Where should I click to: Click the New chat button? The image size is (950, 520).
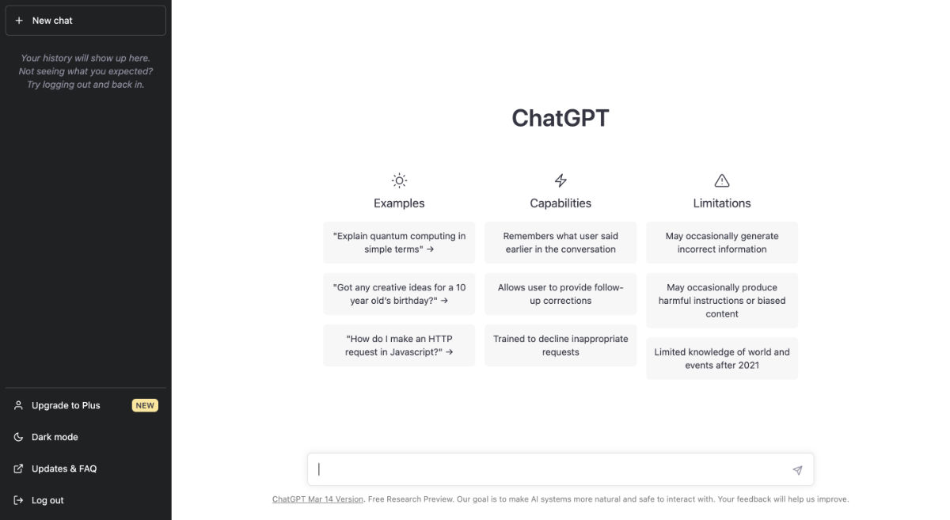85,21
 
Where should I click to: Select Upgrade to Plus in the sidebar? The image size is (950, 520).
66,405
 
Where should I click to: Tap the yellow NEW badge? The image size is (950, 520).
145,405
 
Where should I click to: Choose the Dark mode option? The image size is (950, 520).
55,437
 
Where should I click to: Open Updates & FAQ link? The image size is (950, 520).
63,469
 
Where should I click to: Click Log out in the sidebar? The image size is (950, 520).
47,500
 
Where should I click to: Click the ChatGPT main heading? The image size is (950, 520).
560,118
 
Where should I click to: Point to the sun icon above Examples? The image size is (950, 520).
399,180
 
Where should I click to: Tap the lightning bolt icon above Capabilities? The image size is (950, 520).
560,180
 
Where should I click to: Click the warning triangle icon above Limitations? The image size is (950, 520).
721,180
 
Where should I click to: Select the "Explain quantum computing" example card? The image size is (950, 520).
399,242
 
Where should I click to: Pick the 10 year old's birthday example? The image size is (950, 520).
399,294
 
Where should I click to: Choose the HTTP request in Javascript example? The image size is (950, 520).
399,345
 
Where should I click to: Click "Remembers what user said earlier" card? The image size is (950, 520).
560,242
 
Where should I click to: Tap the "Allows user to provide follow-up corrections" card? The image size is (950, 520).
560,294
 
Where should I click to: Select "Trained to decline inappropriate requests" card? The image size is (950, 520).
560,345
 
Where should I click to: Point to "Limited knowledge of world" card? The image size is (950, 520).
721,359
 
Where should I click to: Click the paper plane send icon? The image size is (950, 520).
797,470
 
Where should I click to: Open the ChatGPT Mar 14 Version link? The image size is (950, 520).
317,499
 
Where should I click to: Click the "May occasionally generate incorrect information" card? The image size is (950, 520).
721,242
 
